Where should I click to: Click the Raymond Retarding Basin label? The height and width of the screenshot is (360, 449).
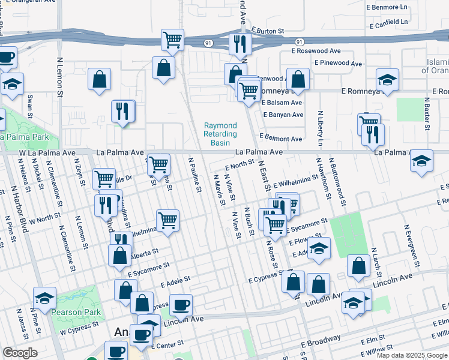(x=220, y=135)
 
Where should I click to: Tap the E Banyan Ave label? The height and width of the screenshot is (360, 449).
(x=282, y=114)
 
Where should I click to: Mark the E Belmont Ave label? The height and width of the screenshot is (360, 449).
(x=280, y=139)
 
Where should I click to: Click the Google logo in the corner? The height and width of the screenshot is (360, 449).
(x=20, y=352)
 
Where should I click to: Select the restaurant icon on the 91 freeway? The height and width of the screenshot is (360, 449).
(x=238, y=43)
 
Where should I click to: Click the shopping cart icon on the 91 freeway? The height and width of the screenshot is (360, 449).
(x=173, y=40)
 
